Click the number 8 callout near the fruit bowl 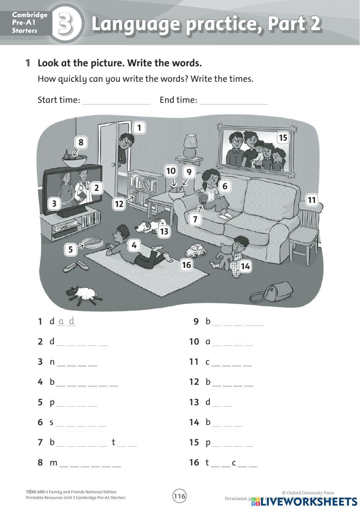(81, 142)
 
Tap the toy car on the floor (195, 250)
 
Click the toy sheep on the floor (82, 293)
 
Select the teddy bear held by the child (225, 255)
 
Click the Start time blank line (116, 101)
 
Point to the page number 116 (180, 496)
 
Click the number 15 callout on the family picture (283, 138)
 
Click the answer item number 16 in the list (194, 462)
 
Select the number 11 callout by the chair (312, 200)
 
